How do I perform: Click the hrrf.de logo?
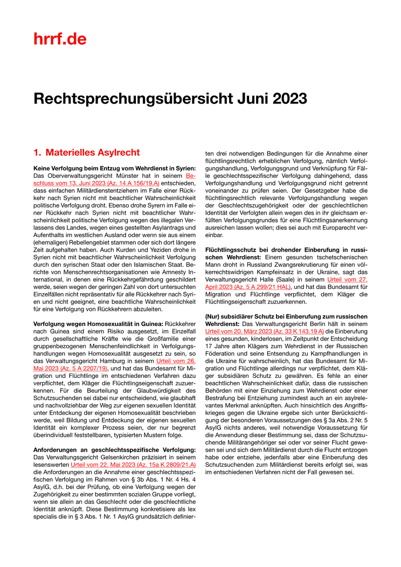tap(60, 39)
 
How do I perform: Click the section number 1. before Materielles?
tap(37, 153)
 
